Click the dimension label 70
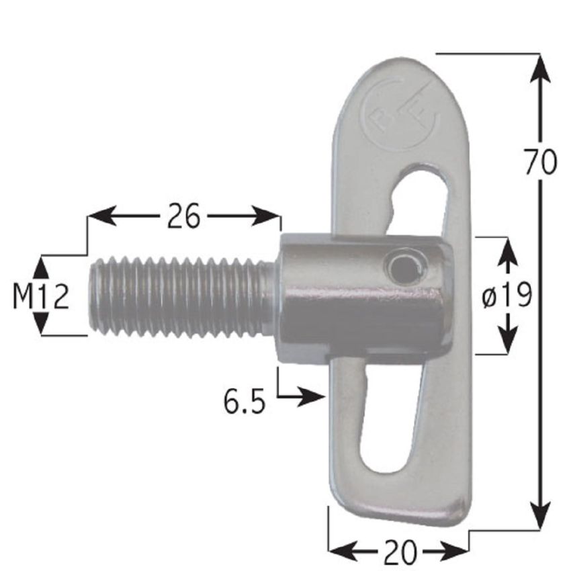point(540,163)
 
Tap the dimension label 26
point(183,216)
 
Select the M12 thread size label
point(41,296)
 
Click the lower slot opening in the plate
point(388,423)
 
